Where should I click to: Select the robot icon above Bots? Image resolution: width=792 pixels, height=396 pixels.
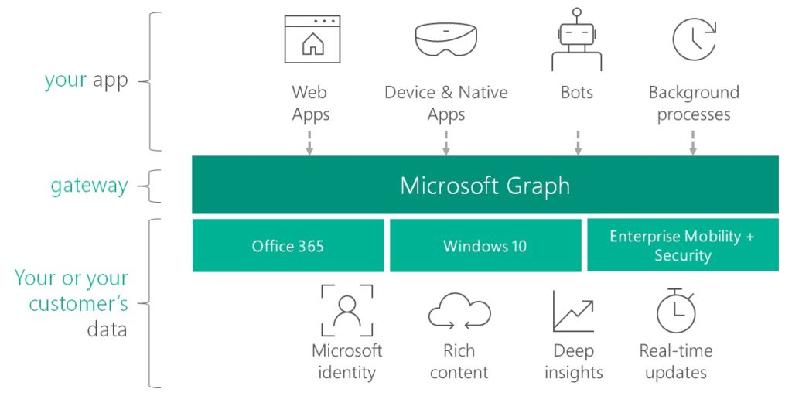(576, 40)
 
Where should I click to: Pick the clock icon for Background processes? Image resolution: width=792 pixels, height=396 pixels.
(693, 39)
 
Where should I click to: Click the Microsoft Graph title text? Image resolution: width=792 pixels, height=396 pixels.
(485, 186)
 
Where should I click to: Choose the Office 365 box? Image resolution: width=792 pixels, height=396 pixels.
(288, 246)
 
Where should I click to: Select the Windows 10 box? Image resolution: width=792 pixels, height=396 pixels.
(485, 246)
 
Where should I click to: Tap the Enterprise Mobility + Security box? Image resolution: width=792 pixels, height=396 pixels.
(682, 246)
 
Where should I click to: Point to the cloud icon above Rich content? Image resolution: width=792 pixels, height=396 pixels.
(459, 312)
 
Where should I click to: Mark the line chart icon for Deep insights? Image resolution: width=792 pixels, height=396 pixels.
(573, 311)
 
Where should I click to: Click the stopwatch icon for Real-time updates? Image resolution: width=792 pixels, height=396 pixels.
(675, 311)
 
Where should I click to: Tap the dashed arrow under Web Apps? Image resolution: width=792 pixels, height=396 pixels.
(309, 142)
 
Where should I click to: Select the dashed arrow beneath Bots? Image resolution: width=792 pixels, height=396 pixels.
(577, 142)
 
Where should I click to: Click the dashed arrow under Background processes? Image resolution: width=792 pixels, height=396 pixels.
(693, 142)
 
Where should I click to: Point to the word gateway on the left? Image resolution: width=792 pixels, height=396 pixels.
(89, 186)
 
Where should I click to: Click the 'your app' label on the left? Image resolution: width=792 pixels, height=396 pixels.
(86, 80)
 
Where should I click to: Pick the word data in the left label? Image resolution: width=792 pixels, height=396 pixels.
(107, 329)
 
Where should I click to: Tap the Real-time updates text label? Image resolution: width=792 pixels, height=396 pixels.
(676, 361)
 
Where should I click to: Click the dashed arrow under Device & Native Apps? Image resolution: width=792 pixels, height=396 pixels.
(446, 142)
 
